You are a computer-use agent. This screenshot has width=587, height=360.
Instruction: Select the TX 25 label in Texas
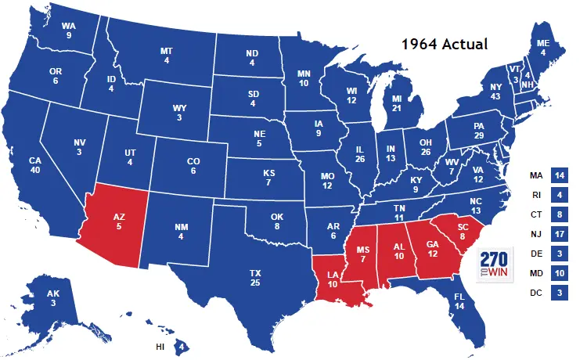[x=255, y=278]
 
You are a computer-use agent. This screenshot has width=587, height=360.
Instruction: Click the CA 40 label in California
[x=35, y=166]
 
